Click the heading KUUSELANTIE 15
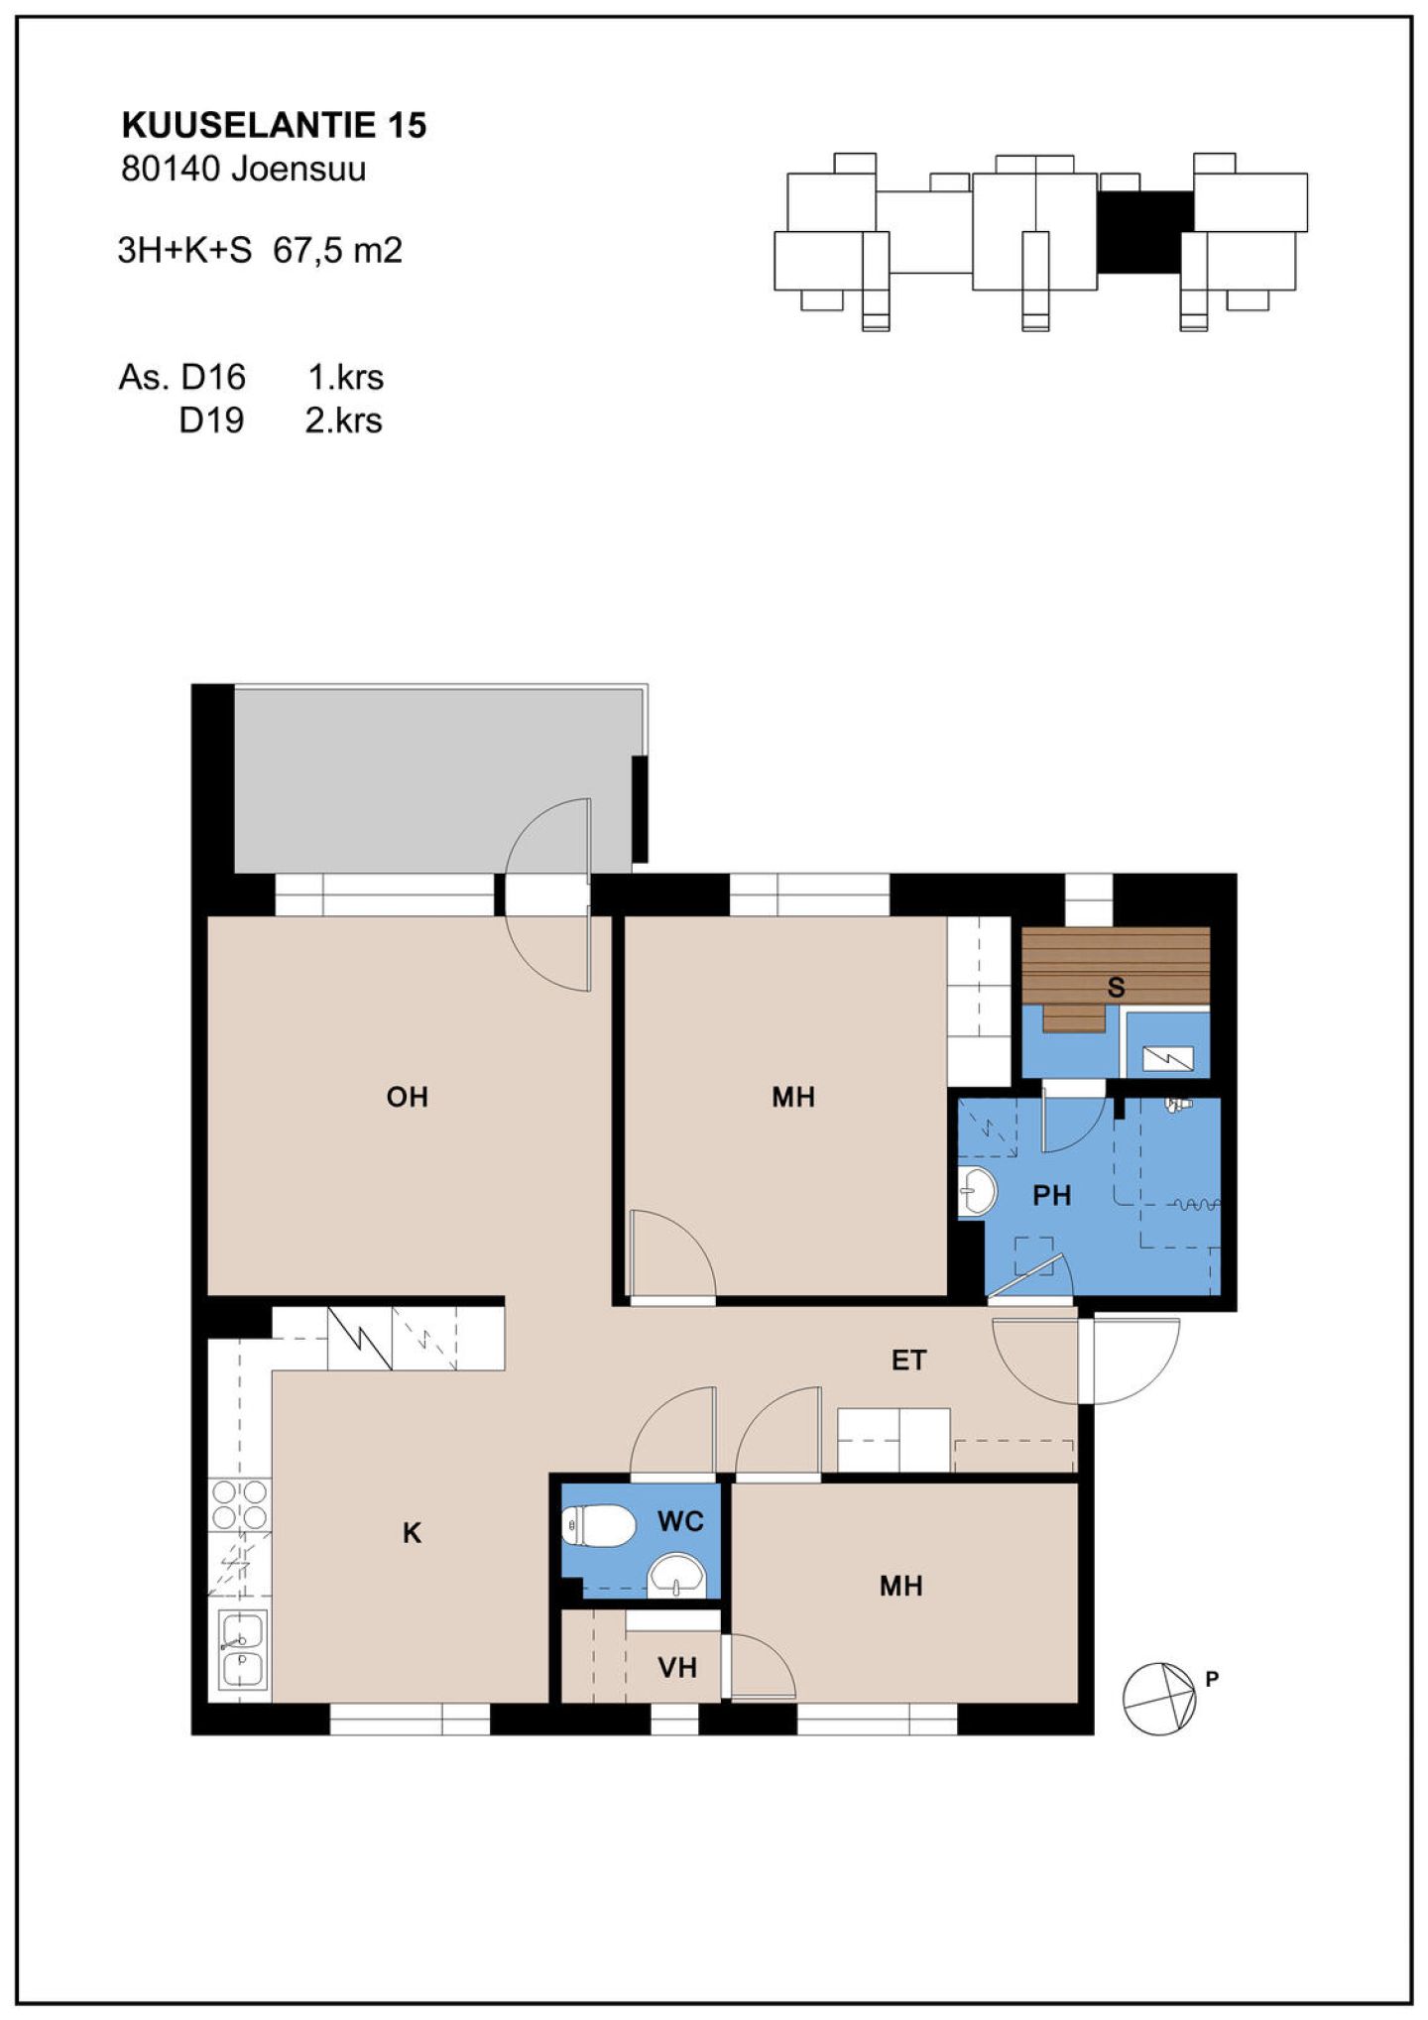[274, 125]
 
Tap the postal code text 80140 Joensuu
[243, 170]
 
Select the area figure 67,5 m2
[338, 250]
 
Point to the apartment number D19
[211, 420]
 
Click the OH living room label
[407, 1097]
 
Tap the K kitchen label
[412, 1533]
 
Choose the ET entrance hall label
[908, 1361]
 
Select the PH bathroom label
[1052, 1196]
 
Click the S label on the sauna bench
[1116, 988]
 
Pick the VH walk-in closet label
[677, 1668]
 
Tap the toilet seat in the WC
[598, 1526]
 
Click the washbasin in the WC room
[676, 1576]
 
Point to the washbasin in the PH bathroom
[978, 1190]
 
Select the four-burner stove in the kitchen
[239, 1504]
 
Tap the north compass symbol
[1159, 1699]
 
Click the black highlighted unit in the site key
[1144, 233]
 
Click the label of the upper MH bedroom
[793, 1097]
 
